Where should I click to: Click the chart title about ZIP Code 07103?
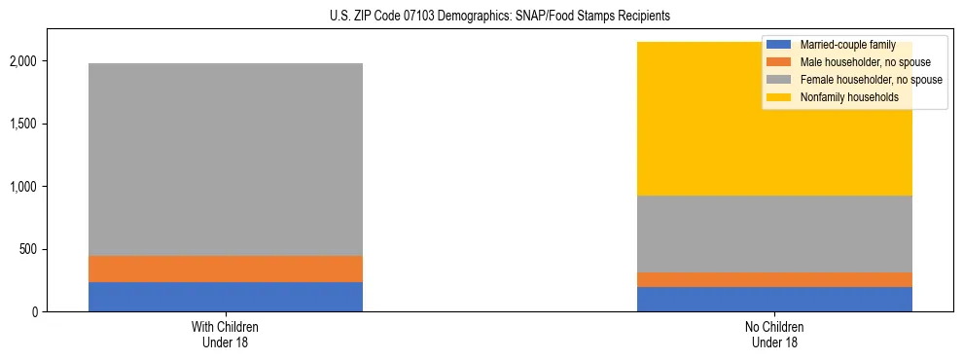[x=482, y=17]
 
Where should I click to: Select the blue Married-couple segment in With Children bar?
[x=226, y=297]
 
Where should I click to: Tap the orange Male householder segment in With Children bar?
[x=226, y=269]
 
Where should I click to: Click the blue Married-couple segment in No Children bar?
[x=774, y=299]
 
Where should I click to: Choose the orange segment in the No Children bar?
[x=774, y=279]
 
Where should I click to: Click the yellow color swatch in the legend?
[x=779, y=97]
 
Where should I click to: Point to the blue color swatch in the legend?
[x=779, y=45]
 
